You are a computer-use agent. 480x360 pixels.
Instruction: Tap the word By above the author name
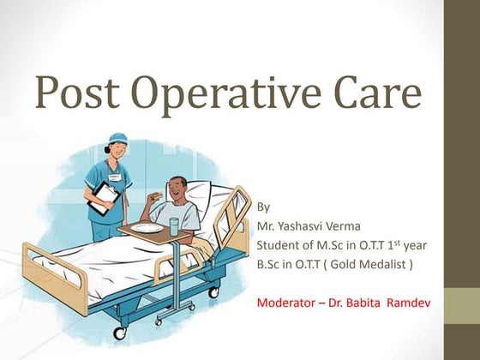[264, 207]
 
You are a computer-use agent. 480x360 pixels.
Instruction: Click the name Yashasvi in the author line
[304, 225]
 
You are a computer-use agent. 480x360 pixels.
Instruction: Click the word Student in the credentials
[279, 245]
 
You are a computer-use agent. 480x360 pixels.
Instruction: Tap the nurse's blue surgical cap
[117, 141]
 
